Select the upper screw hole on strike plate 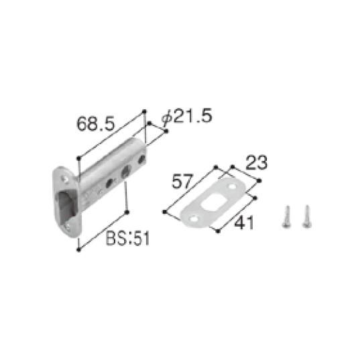(x=232, y=183)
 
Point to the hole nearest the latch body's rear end (x=141, y=160)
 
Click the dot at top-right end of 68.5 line (x=143, y=111)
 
